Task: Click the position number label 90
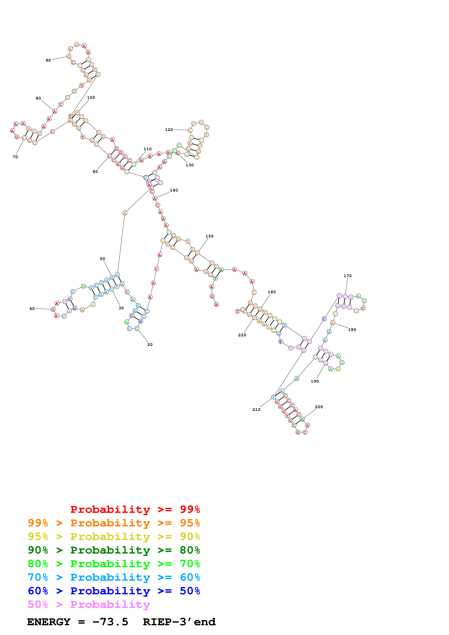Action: pos(48,60)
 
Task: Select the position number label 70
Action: pos(15,157)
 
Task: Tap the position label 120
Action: pos(169,129)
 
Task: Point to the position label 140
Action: pos(174,190)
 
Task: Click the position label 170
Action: pos(347,276)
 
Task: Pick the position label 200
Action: pos(319,407)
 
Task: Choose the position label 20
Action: pos(150,345)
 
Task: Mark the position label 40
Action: pos(32,309)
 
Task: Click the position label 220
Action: pos(242,335)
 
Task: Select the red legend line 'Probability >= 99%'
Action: pos(135,509)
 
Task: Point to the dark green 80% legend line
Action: pos(114,550)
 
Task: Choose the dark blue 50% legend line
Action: pos(114,591)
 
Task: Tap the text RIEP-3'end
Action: pos(179,622)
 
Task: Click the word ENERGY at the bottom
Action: pos(49,622)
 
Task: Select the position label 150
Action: pos(209,236)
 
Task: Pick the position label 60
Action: pos(95,171)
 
